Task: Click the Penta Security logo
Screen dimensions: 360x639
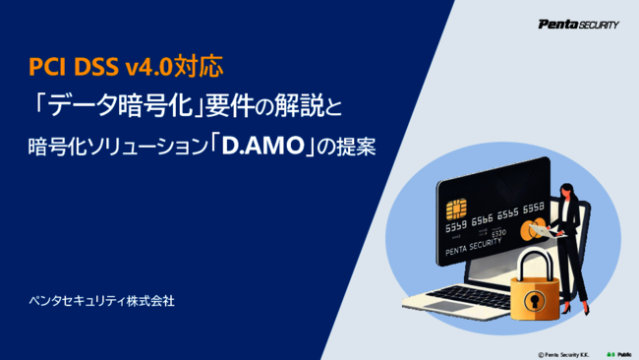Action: coord(578,25)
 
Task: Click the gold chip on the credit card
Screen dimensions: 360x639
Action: coord(456,210)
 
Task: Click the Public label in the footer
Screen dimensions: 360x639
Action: coord(624,351)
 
